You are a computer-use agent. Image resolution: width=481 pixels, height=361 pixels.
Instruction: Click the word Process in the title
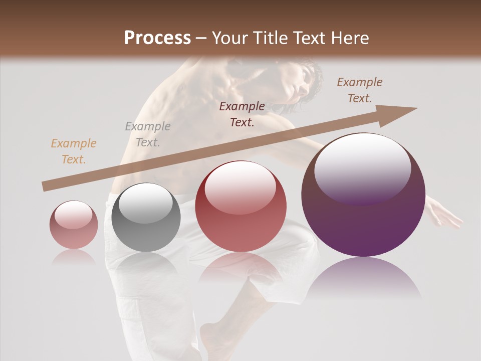click(157, 38)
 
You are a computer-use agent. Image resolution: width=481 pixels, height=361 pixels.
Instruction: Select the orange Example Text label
click(73, 151)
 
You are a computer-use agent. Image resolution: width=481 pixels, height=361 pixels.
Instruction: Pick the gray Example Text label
click(148, 134)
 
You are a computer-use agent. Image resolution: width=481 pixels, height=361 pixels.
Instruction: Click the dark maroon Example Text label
click(242, 114)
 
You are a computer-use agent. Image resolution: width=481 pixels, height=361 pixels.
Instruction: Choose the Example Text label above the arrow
click(360, 90)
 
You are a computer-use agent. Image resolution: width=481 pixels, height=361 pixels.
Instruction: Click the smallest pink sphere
click(74, 225)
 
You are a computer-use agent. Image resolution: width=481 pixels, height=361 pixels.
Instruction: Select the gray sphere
click(146, 218)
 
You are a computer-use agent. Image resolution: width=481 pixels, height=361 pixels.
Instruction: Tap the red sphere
click(241, 206)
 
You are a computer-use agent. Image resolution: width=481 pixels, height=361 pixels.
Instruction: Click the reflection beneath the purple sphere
click(363, 281)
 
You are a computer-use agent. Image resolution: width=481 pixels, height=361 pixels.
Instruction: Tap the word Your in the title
click(230, 38)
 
